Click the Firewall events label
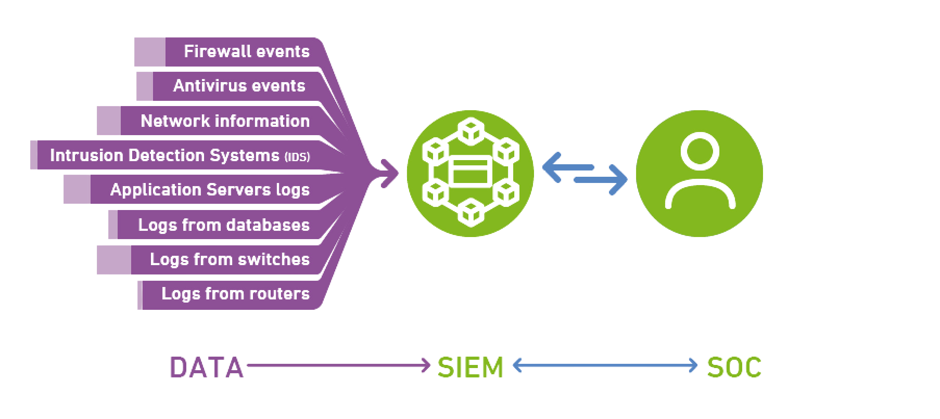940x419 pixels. coord(246,52)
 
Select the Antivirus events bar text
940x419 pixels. coord(239,86)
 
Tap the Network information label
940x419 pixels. coord(225,121)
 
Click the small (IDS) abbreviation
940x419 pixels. coord(298,156)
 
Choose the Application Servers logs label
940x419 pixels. coord(210,190)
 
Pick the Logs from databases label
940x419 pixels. coord(224,225)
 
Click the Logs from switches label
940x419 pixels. coord(230,259)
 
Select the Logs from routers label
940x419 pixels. coord(235,293)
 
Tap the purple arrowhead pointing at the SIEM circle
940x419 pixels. coord(389,173)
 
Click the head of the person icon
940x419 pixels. coord(699,151)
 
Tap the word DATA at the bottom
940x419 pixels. coord(207,367)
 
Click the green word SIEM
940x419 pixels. coord(470,367)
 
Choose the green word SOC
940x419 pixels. coord(734,367)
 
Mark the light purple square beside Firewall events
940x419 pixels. coord(149,52)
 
